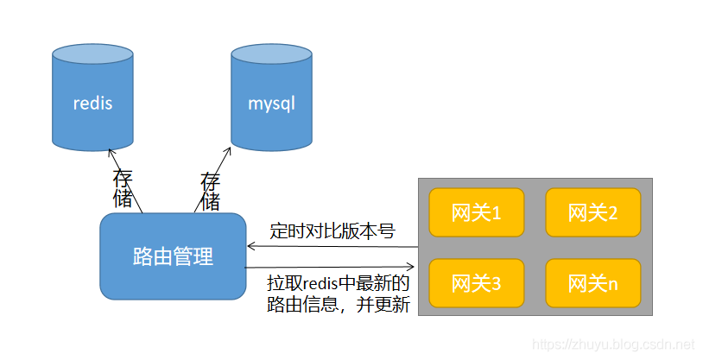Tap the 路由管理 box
coord(173,256)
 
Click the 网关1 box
coord(476,212)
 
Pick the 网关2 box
coord(592,212)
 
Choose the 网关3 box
coord(476,283)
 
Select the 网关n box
coord(592,283)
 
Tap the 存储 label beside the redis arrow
coord(123,190)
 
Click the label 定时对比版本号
coord(332,231)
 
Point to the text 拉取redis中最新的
coord(338,283)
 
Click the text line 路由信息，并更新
coord(338,304)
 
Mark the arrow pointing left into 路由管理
coord(332,247)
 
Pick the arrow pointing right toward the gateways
coord(332,268)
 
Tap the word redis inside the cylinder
coord(92,104)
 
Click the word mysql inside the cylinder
coord(271,104)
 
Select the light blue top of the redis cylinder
coord(92,55)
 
